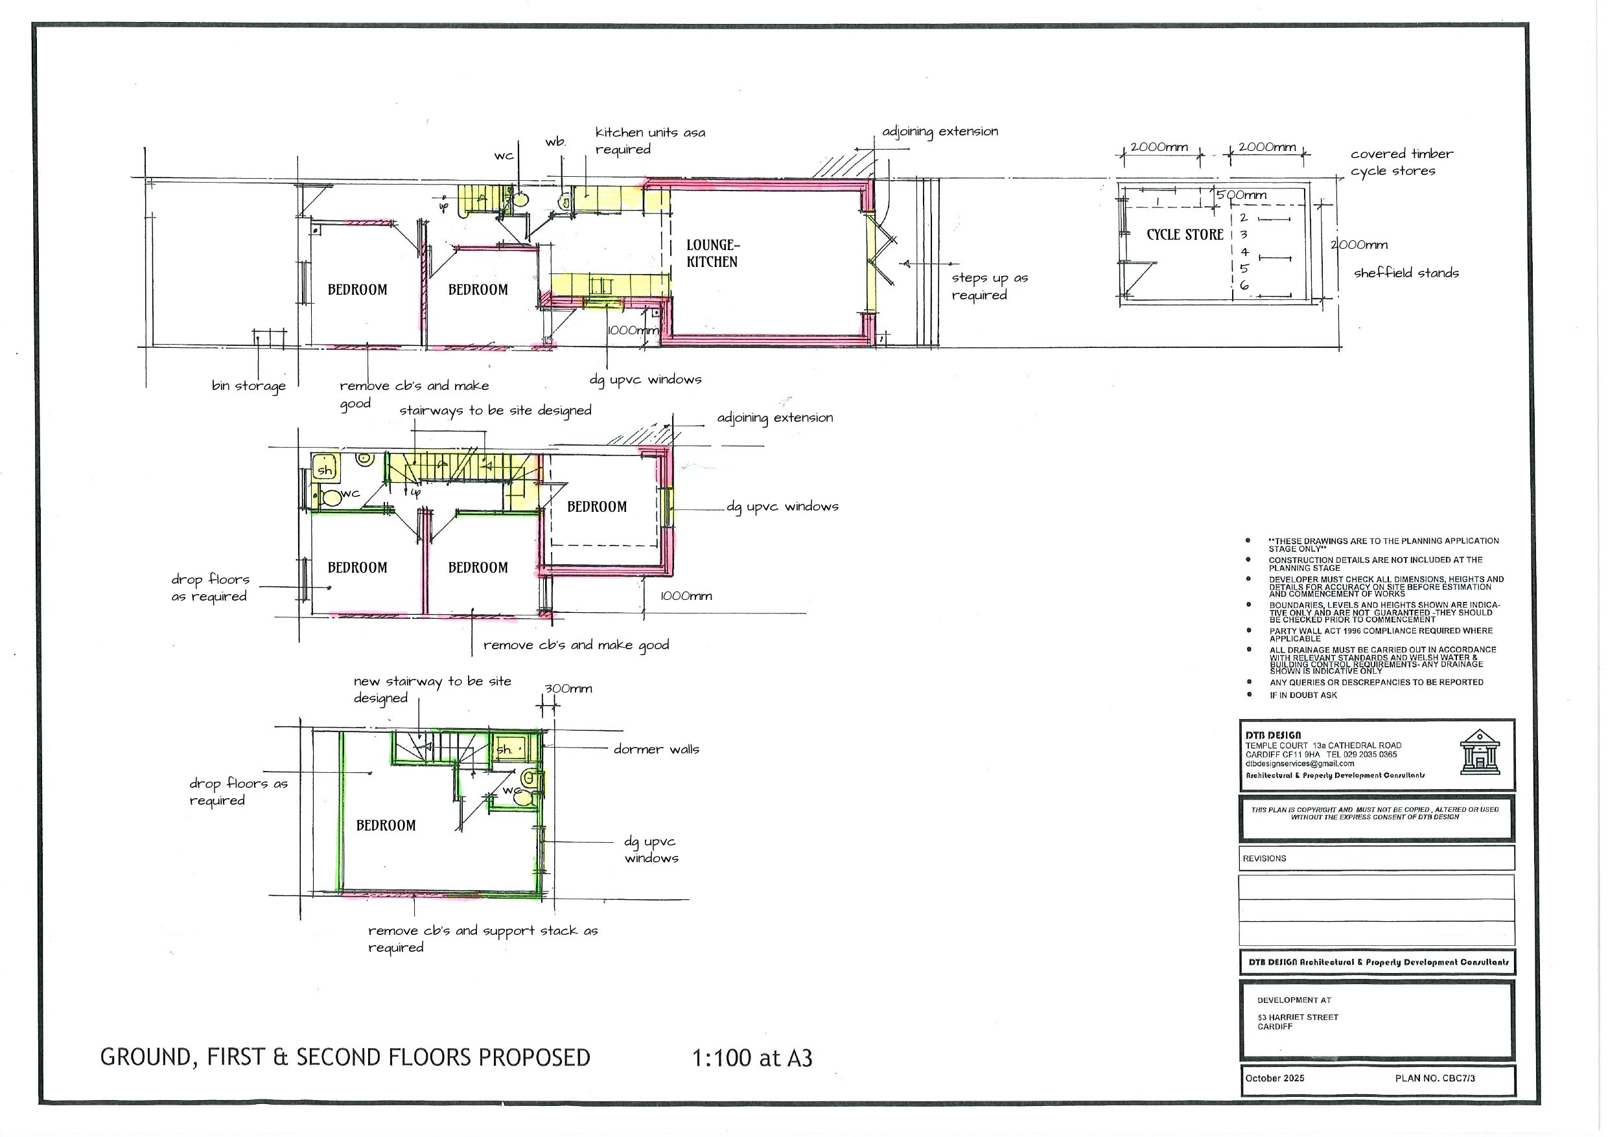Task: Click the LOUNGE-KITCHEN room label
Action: click(712, 253)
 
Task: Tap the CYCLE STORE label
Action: click(1184, 235)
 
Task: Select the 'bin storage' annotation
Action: click(249, 385)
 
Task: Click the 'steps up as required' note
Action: click(989, 286)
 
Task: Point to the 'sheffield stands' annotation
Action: click(1406, 273)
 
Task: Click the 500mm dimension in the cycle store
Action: click(1241, 196)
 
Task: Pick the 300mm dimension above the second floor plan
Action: click(568, 689)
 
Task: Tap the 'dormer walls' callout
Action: click(655, 749)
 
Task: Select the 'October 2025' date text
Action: click(1274, 1078)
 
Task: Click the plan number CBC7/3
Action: click(1434, 1078)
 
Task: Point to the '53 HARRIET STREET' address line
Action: click(1297, 1017)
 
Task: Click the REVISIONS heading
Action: click(1264, 858)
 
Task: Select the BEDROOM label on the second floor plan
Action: click(386, 825)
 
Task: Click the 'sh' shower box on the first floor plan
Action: click(325, 468)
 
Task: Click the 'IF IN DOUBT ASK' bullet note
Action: click(1303, 695)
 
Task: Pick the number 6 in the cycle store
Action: click(1244, 286)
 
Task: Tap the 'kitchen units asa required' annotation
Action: click(649, 141)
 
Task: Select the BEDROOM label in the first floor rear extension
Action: click(597, 507)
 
